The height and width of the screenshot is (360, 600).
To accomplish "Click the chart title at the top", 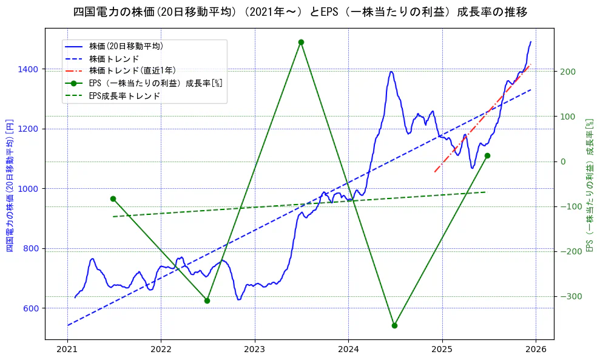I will click(x=300, y=12).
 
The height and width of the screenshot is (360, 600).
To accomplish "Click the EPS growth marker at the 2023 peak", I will click(x=301, y=42).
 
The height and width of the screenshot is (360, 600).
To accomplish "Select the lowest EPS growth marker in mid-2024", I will click(x=394, y=325).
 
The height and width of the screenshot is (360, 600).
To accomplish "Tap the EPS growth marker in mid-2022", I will click(x=207, y=301).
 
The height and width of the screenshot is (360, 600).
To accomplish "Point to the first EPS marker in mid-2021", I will click(x=113, y=199).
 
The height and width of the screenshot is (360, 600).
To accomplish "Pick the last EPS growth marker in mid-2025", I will click(x=487, y=156).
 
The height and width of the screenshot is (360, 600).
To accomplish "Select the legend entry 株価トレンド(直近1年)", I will click(x=132, y=70).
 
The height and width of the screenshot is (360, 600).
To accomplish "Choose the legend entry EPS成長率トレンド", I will click(x=124, y=95).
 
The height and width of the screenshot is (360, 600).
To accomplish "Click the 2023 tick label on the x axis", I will click(x=255, y=350).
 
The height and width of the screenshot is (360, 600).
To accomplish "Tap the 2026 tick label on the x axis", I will click(x=536, y=350).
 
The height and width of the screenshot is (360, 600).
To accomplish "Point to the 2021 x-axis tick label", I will click(x=67, y=350).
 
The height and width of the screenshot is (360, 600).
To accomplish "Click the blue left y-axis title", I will click(x=10, y=186).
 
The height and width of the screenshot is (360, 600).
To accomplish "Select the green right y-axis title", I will click(x=588, y=186).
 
